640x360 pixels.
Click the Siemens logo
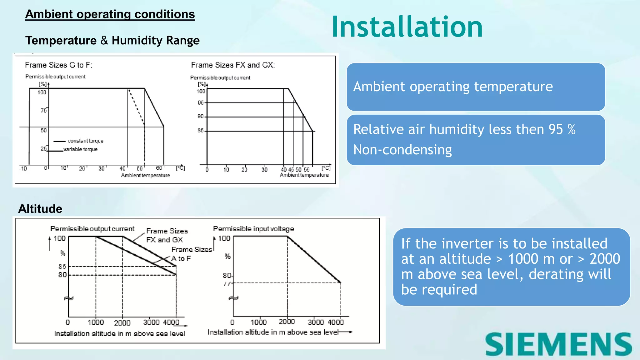[558, 344]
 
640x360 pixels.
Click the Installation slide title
[407, 27]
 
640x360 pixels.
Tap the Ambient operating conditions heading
[110, 14]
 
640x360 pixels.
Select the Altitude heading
[40, 209]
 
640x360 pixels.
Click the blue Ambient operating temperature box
[476, 87]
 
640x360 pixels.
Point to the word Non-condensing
[402, 150]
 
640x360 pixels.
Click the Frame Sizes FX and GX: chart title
[233, 65]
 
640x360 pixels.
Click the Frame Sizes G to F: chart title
[58, 65]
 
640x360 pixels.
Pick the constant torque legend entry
[85, 141]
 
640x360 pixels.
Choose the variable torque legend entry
[80, 149]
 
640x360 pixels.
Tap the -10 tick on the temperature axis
[23, 169]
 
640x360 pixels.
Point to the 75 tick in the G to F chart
[43, 111]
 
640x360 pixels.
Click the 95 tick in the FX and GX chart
[201, 103]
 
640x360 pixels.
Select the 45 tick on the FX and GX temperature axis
[291, 170]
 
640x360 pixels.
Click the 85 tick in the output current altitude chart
[62, 267]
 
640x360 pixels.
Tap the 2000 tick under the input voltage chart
[287, 322]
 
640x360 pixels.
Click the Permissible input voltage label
[253, 229]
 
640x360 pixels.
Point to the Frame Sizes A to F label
[191, 254]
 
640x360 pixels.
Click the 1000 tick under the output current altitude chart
[96, 322]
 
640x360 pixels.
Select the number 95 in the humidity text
[556, 129]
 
